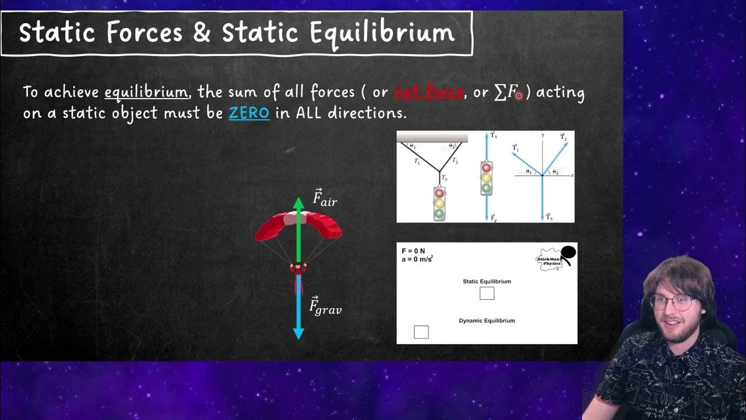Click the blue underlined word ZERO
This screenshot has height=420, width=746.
coord(249,113)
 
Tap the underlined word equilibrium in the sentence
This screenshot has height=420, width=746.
coord(146,92)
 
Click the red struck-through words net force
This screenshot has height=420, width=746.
coord(429,92)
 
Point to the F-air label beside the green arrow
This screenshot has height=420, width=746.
coord(325,198)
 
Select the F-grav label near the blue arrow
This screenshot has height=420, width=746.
coord(325,306)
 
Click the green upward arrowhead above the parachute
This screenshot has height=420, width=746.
coord(298,203)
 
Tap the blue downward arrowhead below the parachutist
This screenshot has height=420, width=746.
coord(298,333)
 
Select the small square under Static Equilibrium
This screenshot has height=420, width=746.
coord(487,293)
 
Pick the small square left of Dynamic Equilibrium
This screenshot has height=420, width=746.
coord(421,332)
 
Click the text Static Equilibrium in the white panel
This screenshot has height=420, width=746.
coord(487,281)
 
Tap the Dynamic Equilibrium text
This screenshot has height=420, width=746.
coord(487,320)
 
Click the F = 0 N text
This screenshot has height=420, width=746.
coord(413,251)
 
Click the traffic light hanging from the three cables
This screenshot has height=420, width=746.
coord(439,203)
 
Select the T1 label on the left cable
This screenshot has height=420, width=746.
coord(417,162)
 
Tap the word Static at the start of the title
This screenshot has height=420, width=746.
coord(57,33)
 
